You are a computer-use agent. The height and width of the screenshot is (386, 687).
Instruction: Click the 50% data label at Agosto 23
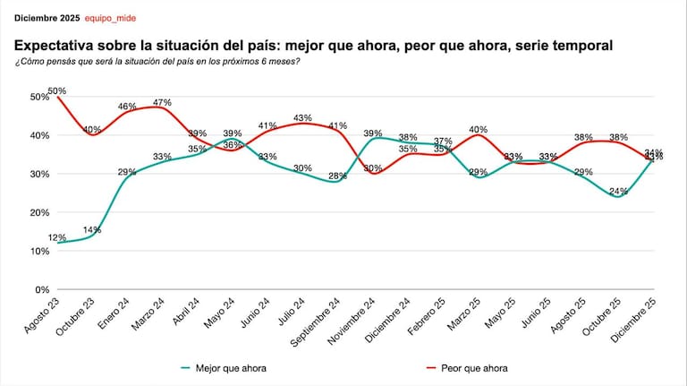pyautogui.click(x=57, y=91)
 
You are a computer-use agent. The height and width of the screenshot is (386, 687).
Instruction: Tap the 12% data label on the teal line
pyautogui.click(x=57, y=237)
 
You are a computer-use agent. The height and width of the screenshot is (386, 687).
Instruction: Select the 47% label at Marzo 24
pyautogui.click(x=162, y=102)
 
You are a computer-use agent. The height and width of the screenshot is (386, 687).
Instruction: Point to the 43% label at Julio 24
pyautogui.click(x=302, y=117)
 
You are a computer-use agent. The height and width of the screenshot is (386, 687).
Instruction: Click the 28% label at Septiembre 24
pyautogui.click(x=337, y=176)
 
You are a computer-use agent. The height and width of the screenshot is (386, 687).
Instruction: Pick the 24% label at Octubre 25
pyautogui.click(x=618, y=191)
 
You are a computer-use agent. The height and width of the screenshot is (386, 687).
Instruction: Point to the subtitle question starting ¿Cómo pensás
pyautogui.click(x=157, y=61)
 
